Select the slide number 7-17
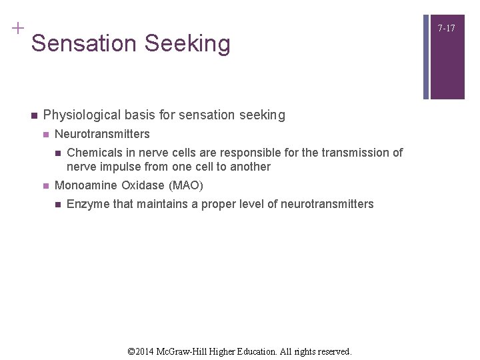point(446,28)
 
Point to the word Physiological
point(83,115)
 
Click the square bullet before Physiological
point(31,115)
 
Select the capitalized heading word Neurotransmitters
point(102,134)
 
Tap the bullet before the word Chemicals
point(57,153)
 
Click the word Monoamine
point(86,185)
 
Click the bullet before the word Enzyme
point(57,204)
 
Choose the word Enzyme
point(88,204)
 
